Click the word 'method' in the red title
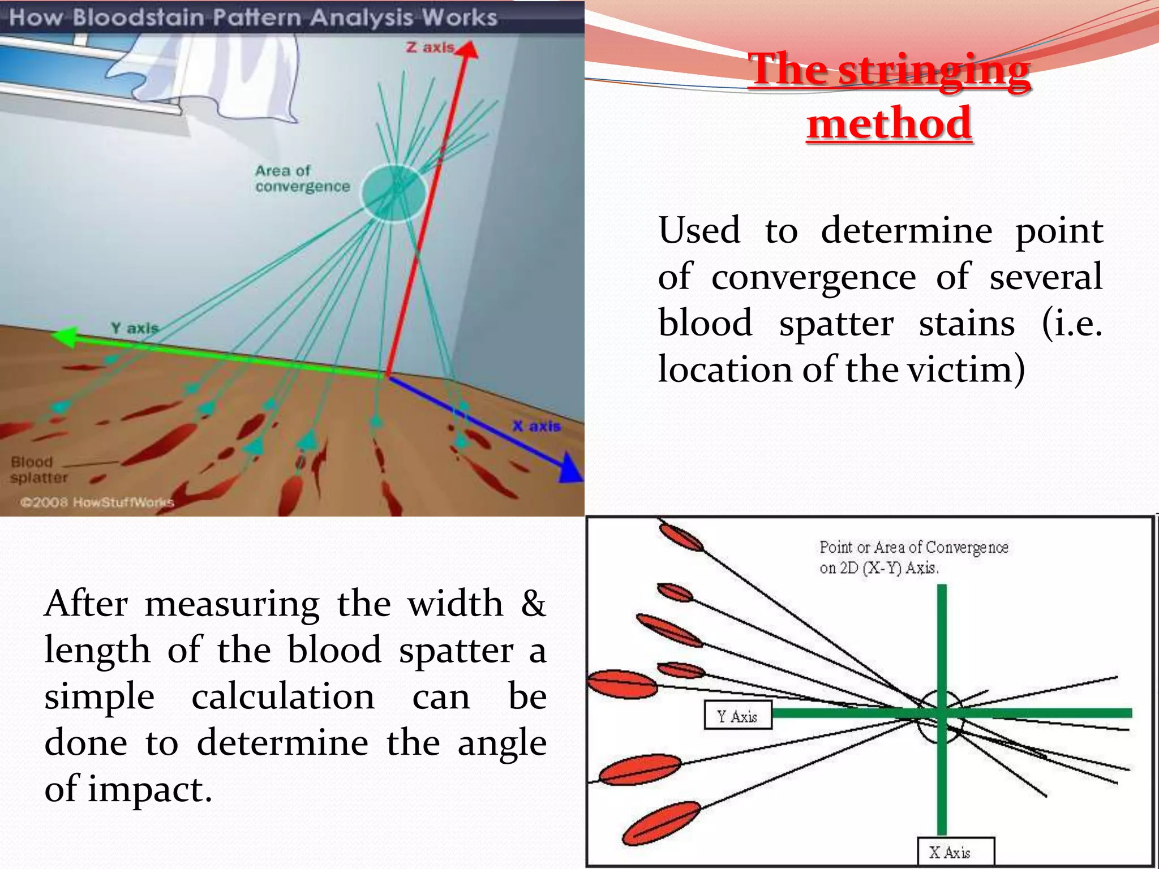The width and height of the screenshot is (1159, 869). click(x=889, y=123)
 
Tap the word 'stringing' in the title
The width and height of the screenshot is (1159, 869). click(x=934, y=70)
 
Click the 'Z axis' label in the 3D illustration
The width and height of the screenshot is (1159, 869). click(x=430, y=48)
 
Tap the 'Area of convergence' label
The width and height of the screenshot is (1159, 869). click(x=302, y=178)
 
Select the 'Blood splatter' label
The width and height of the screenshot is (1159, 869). click(x=38, y=470)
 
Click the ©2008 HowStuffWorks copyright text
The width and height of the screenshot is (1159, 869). click(x=97, y=502)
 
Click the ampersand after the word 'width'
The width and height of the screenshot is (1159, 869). click(x=533, y=604)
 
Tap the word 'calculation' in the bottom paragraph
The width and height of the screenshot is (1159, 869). click(x=283, y=696)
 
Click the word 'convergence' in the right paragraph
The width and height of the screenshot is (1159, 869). click(x=813, y=277)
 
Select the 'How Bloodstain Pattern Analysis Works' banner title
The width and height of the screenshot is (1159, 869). click(x=253, y=17)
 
